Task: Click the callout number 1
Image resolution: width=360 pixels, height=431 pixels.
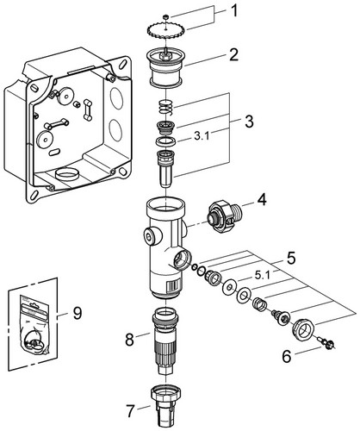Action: [x=234, y=11]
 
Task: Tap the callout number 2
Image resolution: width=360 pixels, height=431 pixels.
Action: [x=233, y=54]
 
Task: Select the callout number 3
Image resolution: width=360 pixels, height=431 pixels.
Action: [x=249, y=122]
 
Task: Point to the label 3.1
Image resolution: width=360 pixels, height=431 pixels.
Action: [x=202, y=136]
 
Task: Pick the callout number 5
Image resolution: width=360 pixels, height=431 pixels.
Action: [x=290, y=258]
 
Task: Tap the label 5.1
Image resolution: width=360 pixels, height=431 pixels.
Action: [x=262, y=276]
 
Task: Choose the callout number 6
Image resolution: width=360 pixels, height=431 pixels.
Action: [x=287, y=356]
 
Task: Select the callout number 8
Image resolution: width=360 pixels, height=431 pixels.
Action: [x=130, y=340]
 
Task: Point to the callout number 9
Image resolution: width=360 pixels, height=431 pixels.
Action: [x=77, y=313]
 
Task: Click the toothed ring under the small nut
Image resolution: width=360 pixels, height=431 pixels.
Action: [x=166, y=29]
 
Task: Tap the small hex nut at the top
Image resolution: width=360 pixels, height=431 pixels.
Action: [x=165, y=17]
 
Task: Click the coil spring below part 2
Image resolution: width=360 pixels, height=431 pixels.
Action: [x=166, y=107]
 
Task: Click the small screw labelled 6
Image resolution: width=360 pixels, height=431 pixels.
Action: [x=327, y=342]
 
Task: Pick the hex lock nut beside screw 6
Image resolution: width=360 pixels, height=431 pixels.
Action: [x=303, y=329]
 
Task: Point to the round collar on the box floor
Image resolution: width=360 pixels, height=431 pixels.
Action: [x=67, y=174]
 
